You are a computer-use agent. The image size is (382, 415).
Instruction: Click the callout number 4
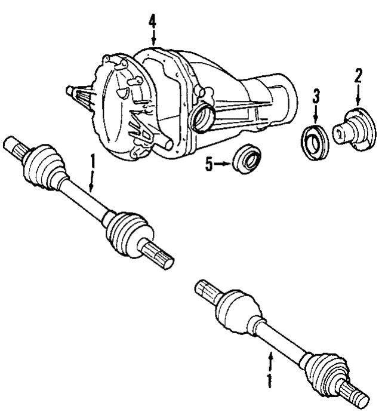pos(152,23)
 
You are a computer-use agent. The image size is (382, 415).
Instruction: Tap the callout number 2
pos(358,76)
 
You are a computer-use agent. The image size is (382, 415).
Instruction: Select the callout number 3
pos(316,96)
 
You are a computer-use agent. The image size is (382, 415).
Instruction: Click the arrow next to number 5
pos(223,164)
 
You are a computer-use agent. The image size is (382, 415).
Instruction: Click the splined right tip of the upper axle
pos(161,256)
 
